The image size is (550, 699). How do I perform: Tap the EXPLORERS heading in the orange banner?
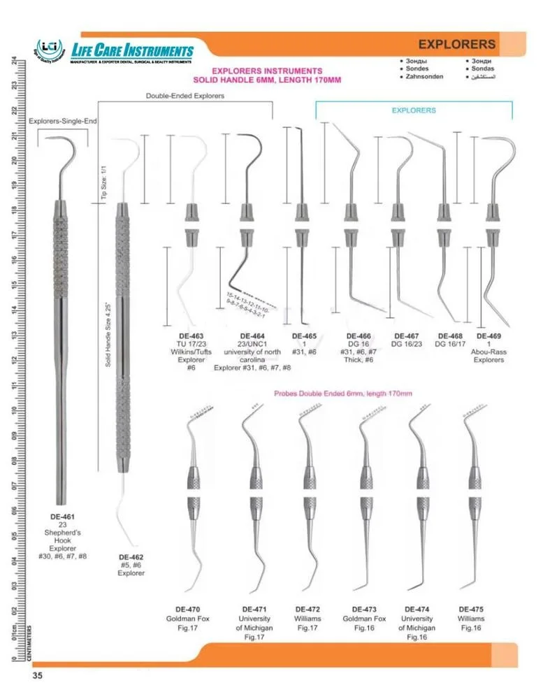pos(458,44)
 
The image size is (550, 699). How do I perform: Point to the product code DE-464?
pos(252,336)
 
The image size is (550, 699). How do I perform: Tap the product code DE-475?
pos(471,609)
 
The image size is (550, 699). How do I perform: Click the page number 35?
pos(38,675)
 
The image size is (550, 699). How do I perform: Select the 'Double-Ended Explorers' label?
pos(185,96)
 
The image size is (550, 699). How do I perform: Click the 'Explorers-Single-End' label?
pos(61,121)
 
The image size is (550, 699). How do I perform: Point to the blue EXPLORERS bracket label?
pos(413,110)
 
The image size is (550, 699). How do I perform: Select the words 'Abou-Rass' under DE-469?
pos(490,352)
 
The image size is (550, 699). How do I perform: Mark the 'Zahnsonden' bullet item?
pos(424,77)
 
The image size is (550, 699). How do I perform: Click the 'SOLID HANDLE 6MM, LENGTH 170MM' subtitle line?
pos(266,80)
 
